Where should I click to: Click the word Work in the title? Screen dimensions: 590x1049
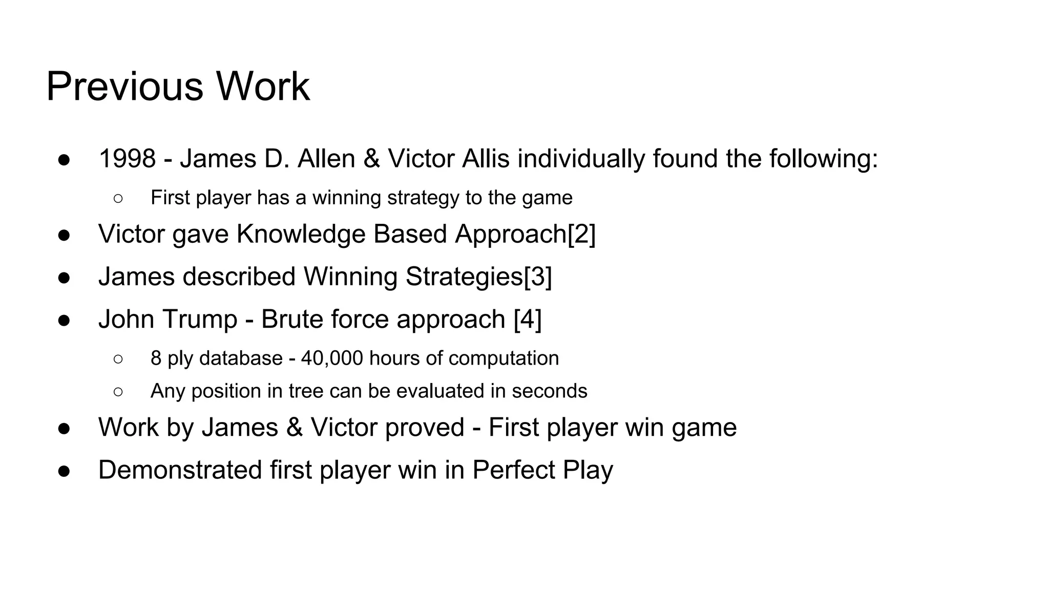click(x=262, y=87)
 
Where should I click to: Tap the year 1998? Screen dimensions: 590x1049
click(x=127, y=159)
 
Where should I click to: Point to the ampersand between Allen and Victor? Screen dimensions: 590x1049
click(x=371, y=159)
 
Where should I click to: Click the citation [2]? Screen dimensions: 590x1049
click(x=582, y=235)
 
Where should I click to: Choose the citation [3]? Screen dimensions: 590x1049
click(x=538, y=277)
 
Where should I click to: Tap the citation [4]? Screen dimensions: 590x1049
click(x=528, y=320)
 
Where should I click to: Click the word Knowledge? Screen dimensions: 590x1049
click(x=301, y=235)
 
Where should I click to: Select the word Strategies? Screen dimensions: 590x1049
click(x=464, y=277)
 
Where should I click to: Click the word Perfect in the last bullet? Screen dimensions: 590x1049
click(x=513, y=470)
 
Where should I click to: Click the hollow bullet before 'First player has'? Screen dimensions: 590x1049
click(x=118, y=199)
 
